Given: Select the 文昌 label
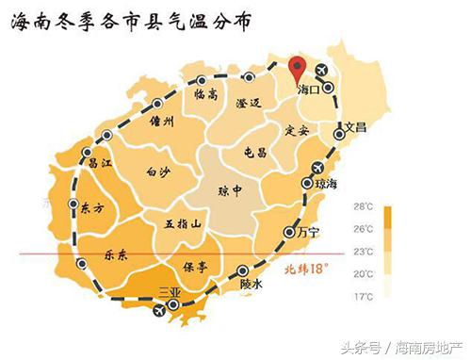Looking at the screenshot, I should [x=354, y=125].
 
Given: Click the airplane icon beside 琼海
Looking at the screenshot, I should [x=308, y=183].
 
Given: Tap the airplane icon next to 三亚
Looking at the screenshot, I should [x=157, y=308].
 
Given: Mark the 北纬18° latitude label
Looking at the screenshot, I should [x=305, y=269].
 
